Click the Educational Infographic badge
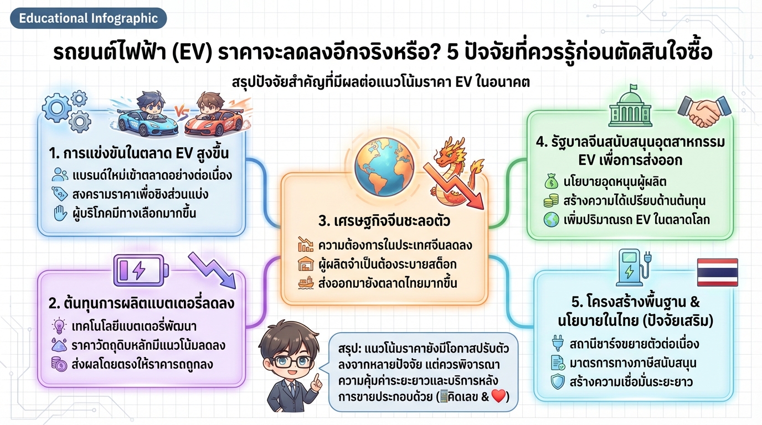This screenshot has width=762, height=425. pyautogui.click(x=88, y=18)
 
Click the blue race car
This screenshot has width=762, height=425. pyautogui.click(x=146, y=117)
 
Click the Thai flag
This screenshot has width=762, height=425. pyautogui.click(x=717, y=272)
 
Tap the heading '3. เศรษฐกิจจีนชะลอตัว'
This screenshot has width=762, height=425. pyautogui.click(x=384, y=222)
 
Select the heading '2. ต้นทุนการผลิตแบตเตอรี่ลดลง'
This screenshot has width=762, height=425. pyautogui.click(x=141, y=303)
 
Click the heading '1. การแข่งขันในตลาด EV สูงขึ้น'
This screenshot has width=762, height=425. pyautogui.click(x=138, y=153)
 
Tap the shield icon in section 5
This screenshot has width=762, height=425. pyautogui.click(x=557, y=382)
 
